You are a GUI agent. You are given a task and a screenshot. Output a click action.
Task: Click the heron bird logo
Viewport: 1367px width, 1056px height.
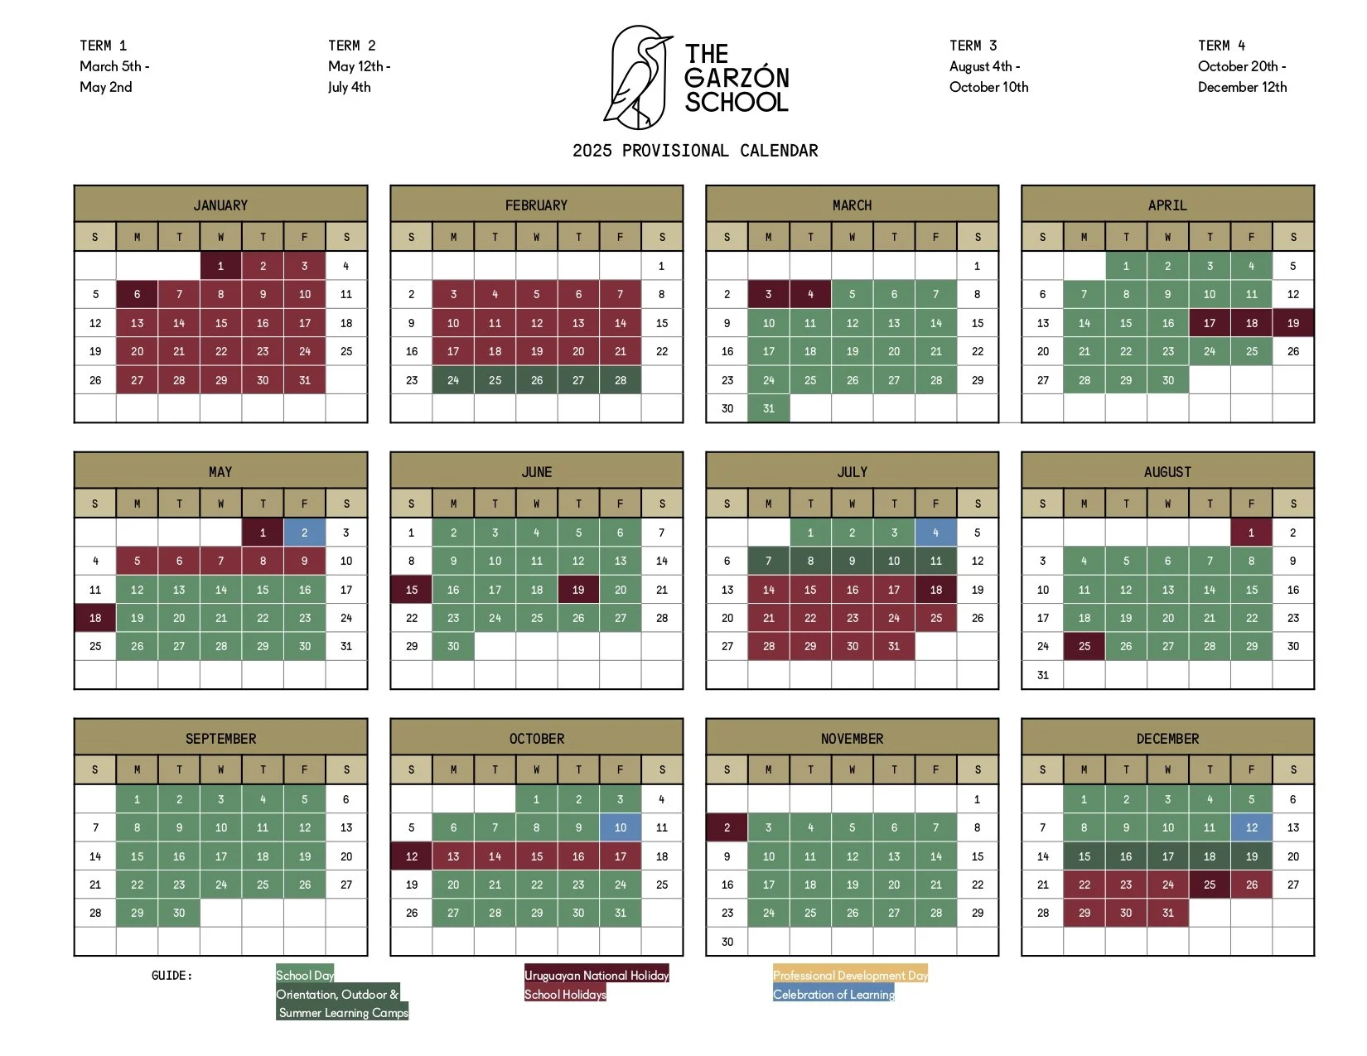click(x=637, y=77)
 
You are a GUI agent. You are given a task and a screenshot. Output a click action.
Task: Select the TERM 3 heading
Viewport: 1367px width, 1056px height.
click(x=973, y=46)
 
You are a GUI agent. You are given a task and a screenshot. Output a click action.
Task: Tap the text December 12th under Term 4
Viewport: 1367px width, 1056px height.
click(x=1242, y=87)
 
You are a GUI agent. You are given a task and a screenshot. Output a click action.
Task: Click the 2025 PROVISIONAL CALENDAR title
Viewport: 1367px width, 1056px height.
click(x=695, y=151)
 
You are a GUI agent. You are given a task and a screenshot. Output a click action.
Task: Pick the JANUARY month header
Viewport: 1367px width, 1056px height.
click(x=220, y=205)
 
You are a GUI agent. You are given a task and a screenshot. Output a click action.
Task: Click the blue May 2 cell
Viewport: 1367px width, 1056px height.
click(x=304, y=533)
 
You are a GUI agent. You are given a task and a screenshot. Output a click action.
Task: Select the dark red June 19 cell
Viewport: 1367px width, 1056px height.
click(x=578, y=590)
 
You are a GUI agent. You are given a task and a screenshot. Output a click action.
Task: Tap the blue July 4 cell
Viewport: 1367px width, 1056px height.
click(x=935, y=533)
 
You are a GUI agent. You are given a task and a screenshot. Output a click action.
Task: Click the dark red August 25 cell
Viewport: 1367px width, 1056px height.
click(x=1084, y=646)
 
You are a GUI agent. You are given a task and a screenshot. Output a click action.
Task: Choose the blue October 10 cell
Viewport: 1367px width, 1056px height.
click(x=620, y=827)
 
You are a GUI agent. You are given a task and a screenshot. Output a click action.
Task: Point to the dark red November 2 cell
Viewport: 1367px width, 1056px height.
click(x=727, y=827)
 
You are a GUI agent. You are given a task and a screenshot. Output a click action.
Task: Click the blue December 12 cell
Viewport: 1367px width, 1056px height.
click(x=1251, y=827)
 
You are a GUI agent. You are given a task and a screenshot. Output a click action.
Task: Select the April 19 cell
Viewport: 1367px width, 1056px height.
click(x=1292, y=323)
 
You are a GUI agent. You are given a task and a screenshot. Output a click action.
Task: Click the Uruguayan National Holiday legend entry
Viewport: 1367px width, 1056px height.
click(x=597, y=976)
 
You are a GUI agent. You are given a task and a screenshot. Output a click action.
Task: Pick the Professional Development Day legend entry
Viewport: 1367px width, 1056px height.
click(x=850, y=976)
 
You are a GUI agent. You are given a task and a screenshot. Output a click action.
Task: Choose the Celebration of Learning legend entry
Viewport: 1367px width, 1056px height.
click(x=833, y=995)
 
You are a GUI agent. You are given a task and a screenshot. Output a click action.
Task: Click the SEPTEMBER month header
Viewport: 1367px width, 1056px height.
click(x=220, y=738)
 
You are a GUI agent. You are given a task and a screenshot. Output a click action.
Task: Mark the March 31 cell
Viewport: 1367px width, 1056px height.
click(x=768, y=408)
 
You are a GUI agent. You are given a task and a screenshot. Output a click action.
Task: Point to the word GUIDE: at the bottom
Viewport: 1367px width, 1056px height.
click(x=171, y=976)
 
